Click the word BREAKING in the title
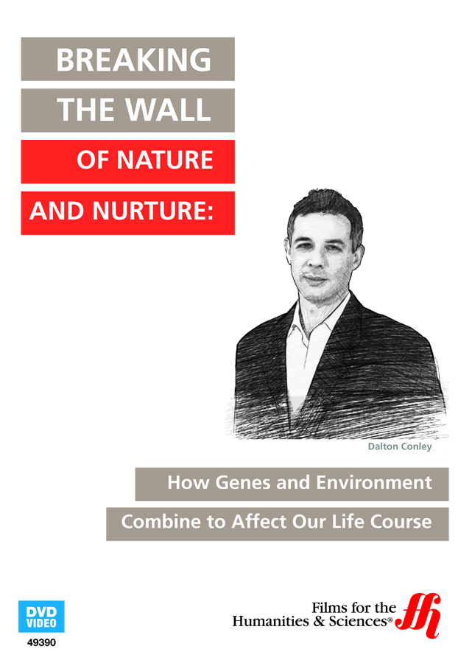pyautogui.click(x=133, y=60)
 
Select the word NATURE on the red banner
pyautogui.click(x=165, y=160)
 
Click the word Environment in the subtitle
pyautogui.click(x=374, y=483)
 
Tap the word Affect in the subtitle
pyautogui.click(x=259, y=522)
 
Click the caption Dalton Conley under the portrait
pyautogui.click(x=400, y=446)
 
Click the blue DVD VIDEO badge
pyautogui.click(x=41, y=616)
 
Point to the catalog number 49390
pyautogui.click(x=41, y=642)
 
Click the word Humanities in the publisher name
pyautogui.click(x=270, y=621)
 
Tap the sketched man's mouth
pyautogui.click(x=315, y=278)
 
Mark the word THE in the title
pyautogui.click(x=88, y=110)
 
